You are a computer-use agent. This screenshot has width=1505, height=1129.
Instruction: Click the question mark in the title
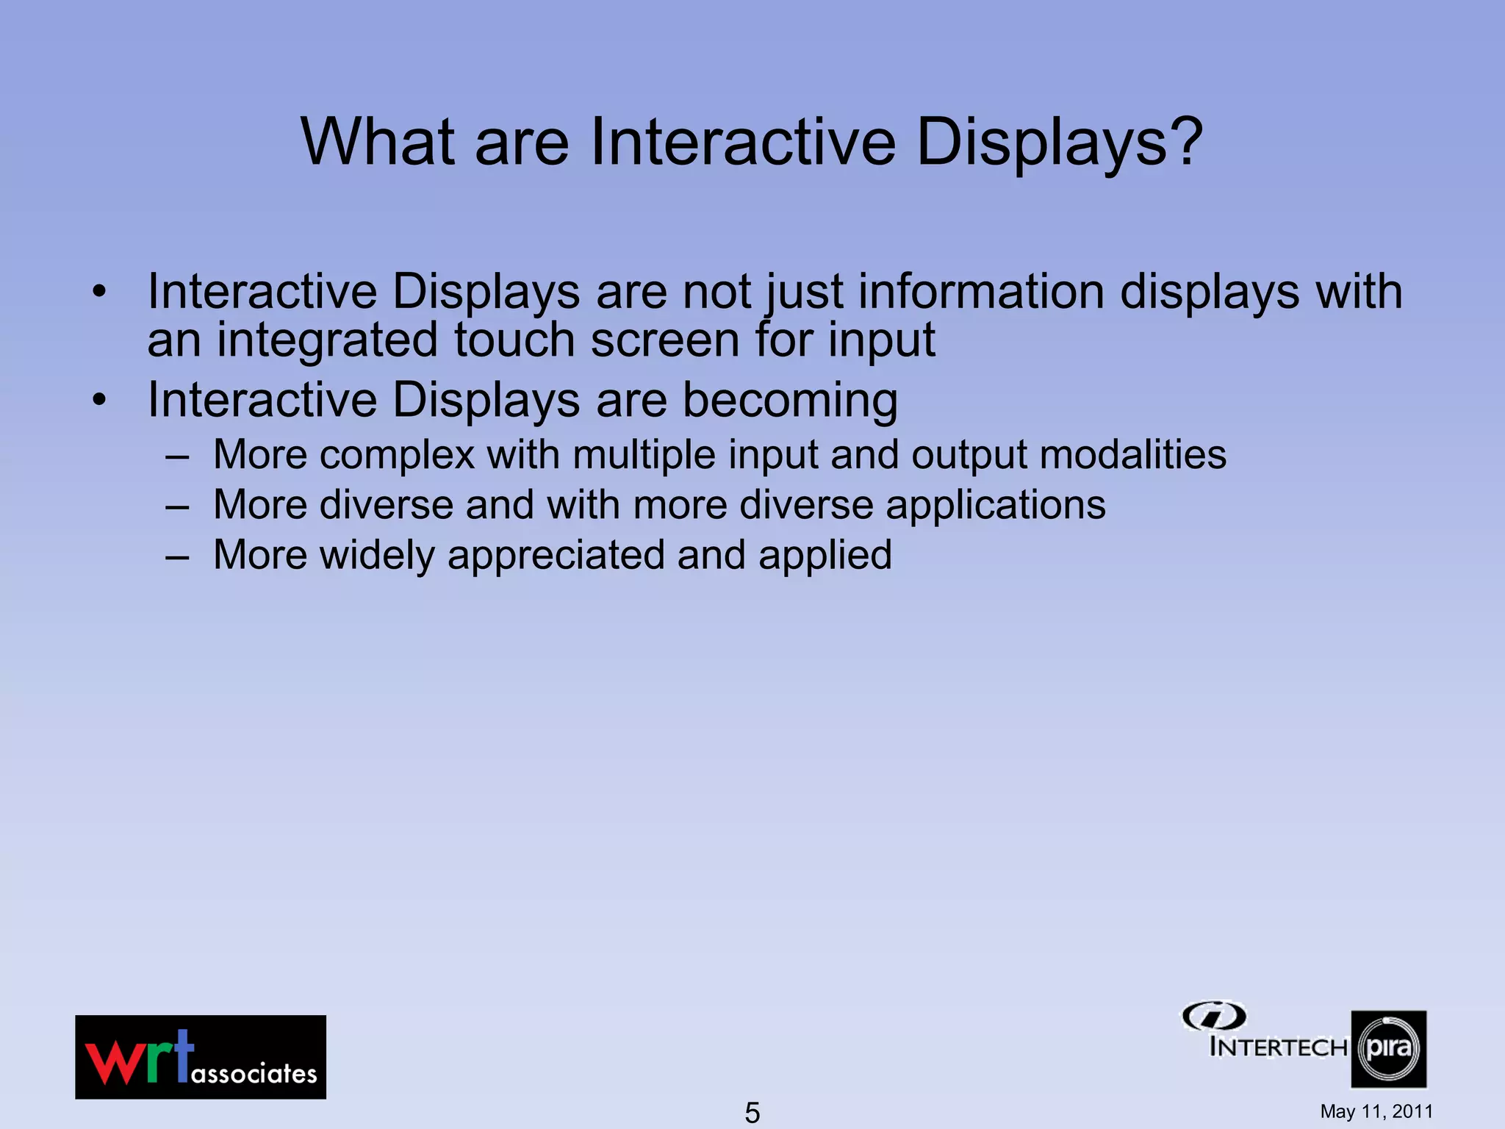coord(1177,141)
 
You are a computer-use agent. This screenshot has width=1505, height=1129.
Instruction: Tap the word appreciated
coord(556,556)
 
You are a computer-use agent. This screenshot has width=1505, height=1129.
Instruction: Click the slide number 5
coord(752,1112)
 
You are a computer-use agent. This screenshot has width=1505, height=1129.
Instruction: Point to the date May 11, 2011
coord(1376,1111)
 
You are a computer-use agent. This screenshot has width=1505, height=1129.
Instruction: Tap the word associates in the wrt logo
coord(254,1074)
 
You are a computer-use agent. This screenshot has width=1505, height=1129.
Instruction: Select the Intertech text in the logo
coord(1277,1047)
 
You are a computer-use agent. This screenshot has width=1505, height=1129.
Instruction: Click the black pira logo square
coord(1388,1049)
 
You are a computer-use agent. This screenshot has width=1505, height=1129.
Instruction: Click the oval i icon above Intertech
coord(1213,1017)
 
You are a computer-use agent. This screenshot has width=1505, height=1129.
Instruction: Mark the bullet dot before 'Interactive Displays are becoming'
coord(99,401)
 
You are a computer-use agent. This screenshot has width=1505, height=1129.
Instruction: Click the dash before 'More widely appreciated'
coord(177,556)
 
